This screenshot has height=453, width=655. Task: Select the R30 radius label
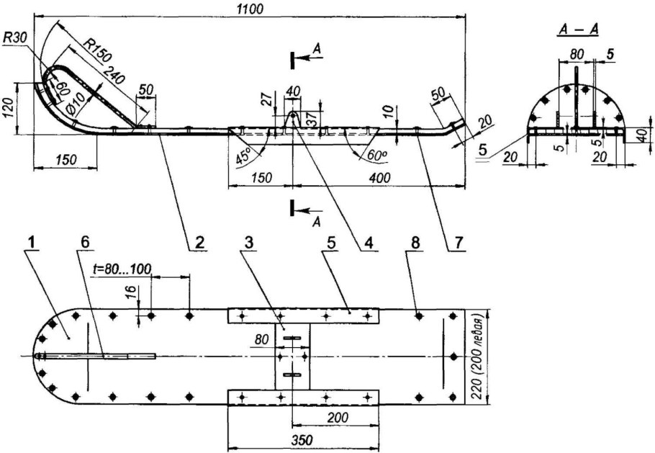tap(15, 37)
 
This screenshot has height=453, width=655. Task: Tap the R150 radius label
tap(97, 49)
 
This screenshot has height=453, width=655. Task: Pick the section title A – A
tap(578, 30)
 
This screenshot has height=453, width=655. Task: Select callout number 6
tap(85, 243)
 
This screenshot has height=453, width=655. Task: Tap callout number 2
tap(199, 243)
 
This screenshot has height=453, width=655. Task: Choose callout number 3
tap(250, 243)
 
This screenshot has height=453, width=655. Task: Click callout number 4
tap(369, 243)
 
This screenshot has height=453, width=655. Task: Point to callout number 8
tap(415, 243)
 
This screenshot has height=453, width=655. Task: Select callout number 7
tap(459, 243)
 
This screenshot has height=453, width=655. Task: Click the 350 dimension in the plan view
tap(303, 441)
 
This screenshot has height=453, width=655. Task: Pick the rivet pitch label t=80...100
tap(121, 269)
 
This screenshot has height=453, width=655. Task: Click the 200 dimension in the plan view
tap(338, 417)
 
